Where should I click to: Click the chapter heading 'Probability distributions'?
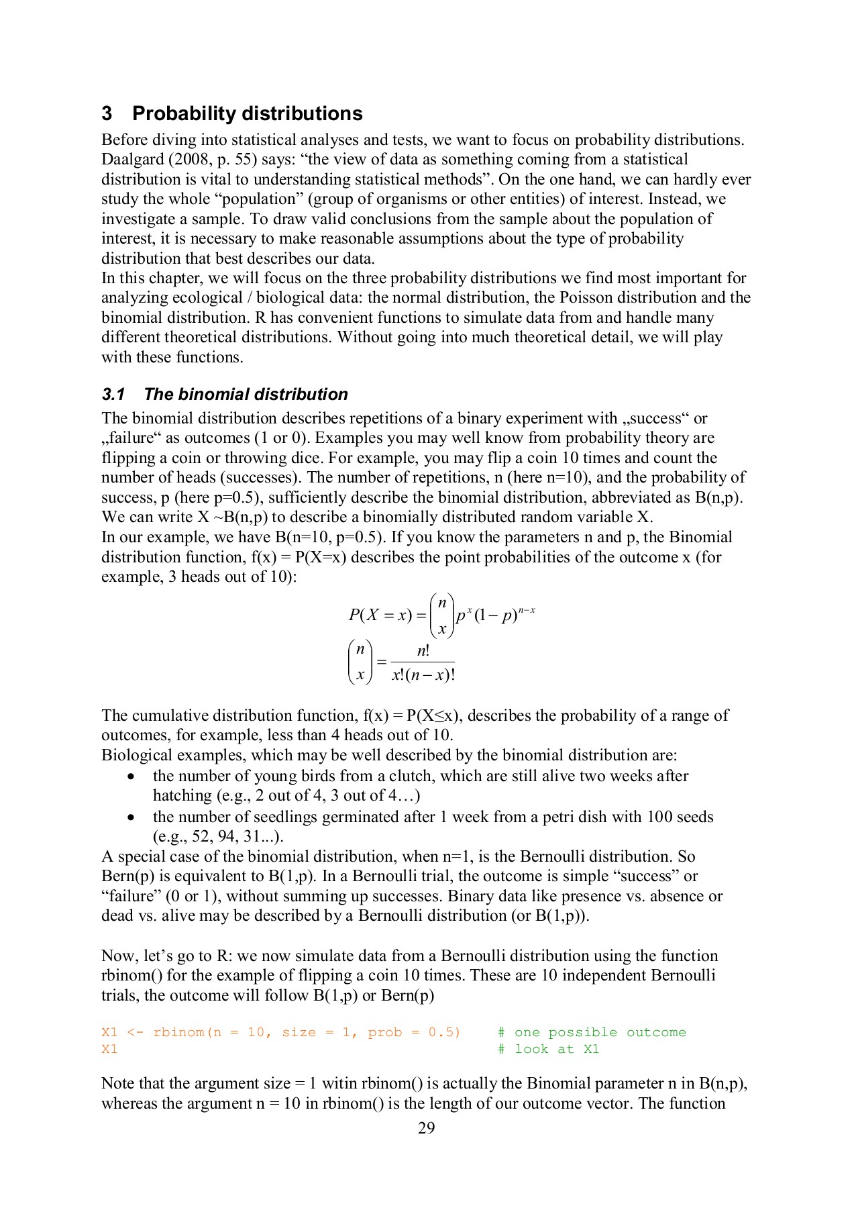point(247,113)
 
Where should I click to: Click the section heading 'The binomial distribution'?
point(246,394)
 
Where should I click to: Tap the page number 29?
point(426,1128)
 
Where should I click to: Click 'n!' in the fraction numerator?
point(423,650)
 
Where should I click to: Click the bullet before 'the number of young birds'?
point(131,776)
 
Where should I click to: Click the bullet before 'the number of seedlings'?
point(131,817)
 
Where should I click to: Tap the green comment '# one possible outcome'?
point(592,1032)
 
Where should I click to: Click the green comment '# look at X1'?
point(548,1049)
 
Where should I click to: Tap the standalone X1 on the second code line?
point(109,1049)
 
